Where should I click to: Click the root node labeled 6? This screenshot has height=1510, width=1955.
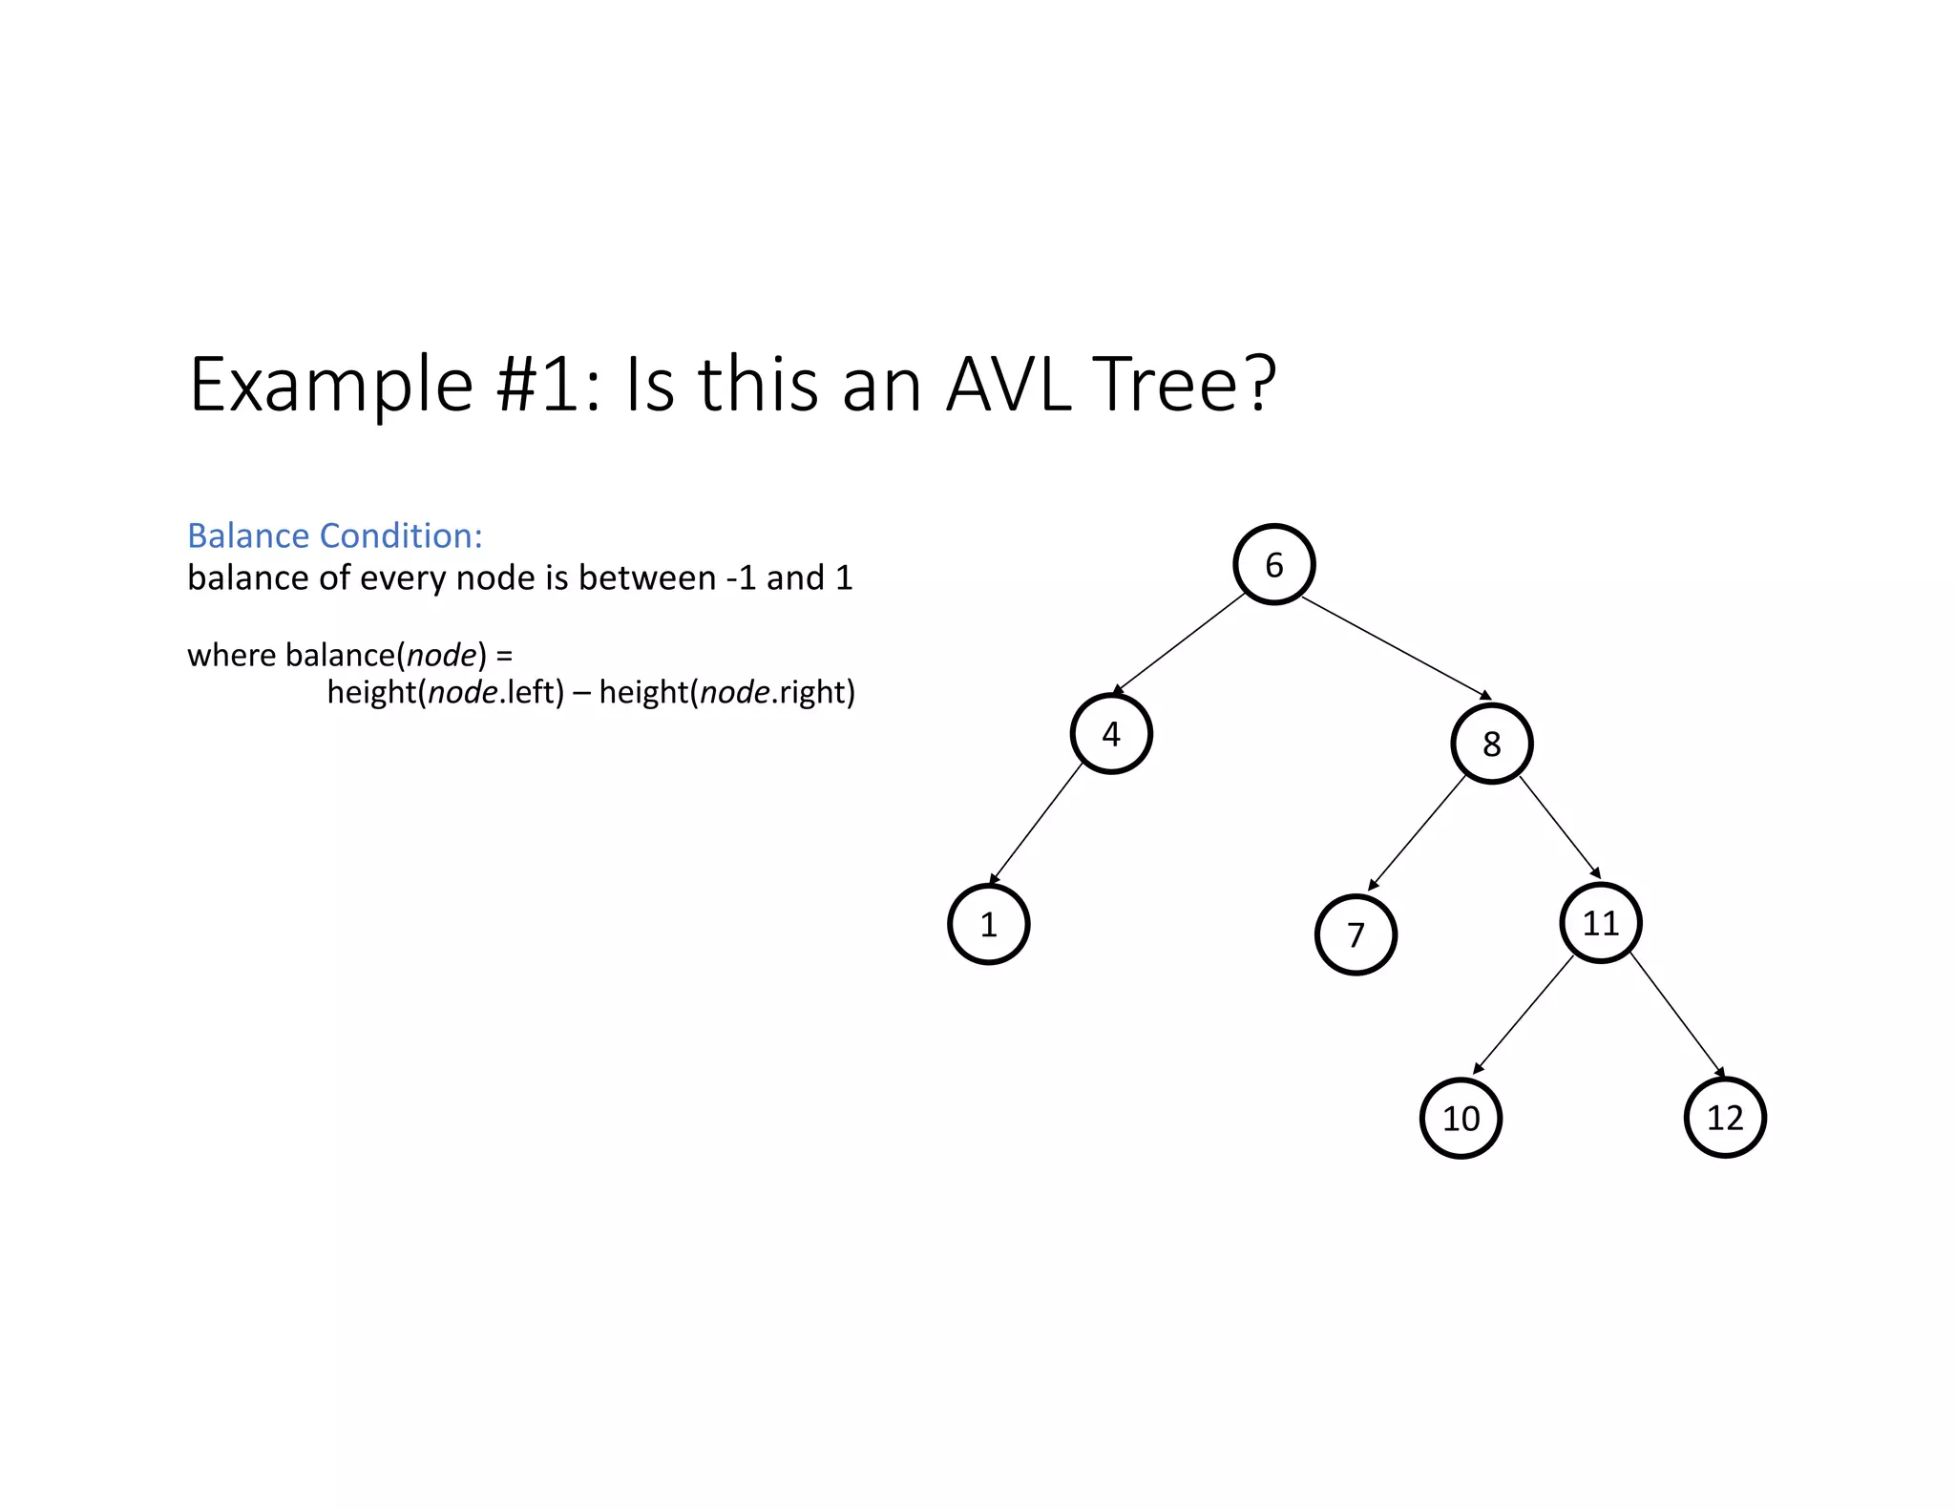coord(1273,565)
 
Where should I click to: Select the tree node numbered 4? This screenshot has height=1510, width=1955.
coord(1111,734)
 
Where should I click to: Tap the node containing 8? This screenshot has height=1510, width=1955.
coord(1491,744)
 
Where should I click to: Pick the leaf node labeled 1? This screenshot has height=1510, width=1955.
coord(989,924)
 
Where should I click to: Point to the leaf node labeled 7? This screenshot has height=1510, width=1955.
coord(1356,934)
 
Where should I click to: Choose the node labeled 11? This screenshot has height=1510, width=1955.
coord(1601,923)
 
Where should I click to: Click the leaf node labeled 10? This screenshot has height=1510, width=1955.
coord(1461,1118)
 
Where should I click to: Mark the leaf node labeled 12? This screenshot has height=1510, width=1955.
coord(1725,1117)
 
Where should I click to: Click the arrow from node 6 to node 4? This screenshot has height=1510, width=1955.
coord(1179,643)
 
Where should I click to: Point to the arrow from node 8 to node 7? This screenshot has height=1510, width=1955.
coord(1417,833)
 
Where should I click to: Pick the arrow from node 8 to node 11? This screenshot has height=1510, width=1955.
coord(1559,826)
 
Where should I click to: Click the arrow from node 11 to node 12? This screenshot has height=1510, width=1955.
coord(1676,1015)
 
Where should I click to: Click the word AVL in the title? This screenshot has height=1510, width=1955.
coord(1008,385)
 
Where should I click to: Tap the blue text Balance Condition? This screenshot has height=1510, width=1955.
coord(335,536)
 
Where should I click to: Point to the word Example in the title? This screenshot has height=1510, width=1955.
coord(331,387)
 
